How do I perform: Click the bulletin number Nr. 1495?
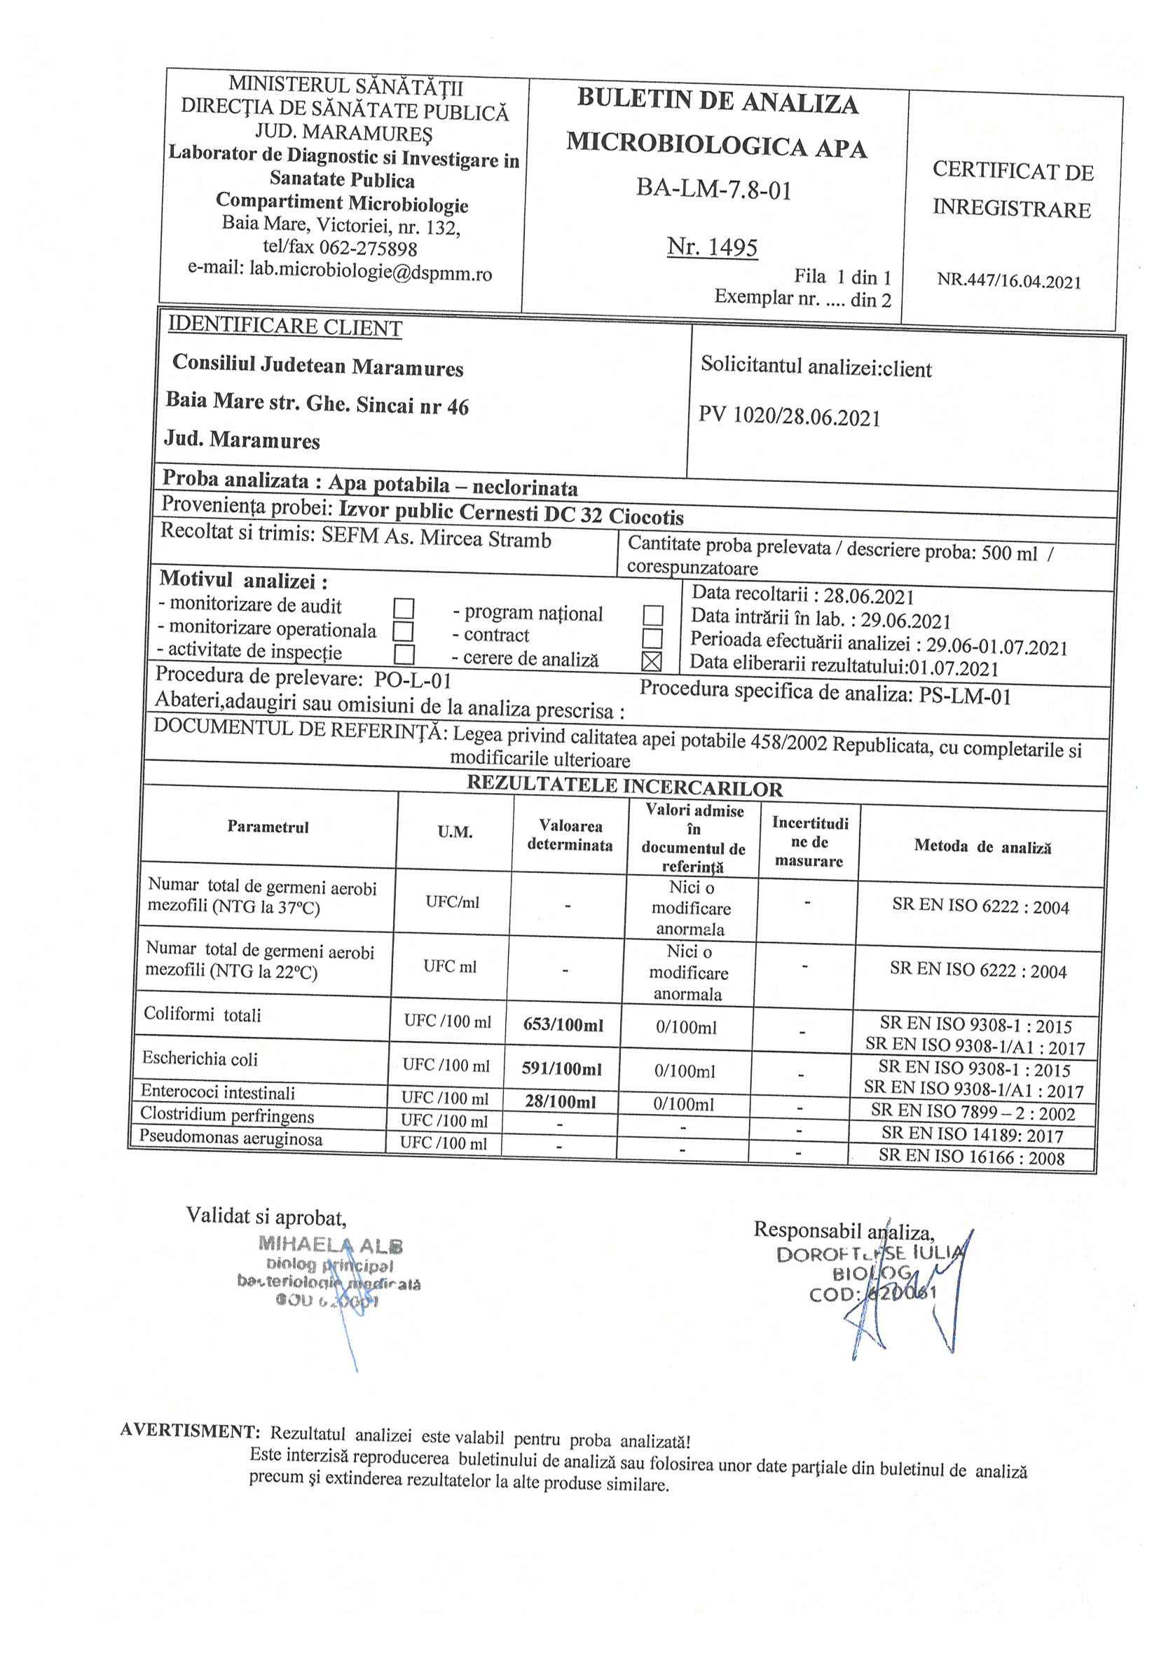[712, 247]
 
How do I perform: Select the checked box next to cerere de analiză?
[651, 661]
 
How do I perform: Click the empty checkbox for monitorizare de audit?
[404, 608]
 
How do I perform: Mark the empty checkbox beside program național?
[653, 615]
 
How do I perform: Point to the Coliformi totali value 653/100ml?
[563, 1024]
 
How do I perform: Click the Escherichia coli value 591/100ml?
[562, 1068]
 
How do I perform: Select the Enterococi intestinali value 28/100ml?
[561, 1102]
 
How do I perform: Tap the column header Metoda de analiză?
[982, 846]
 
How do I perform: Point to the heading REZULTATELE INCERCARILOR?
[624, 786]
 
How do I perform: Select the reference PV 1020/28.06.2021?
[790, 417]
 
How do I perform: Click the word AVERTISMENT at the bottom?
[190, 1431]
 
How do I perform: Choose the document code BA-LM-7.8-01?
[714, 189]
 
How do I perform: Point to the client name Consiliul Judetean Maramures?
[317, 366]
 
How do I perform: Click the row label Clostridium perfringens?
[227, 1115]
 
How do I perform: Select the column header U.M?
[455, 832]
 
